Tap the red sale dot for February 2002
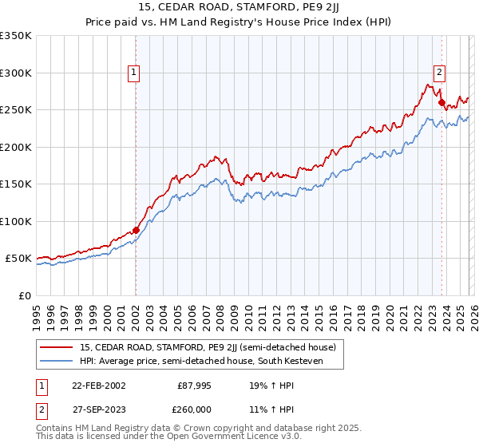tap(136, 230)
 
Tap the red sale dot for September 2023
tap(441, 102)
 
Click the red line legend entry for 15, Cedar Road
tap(208, 347)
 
